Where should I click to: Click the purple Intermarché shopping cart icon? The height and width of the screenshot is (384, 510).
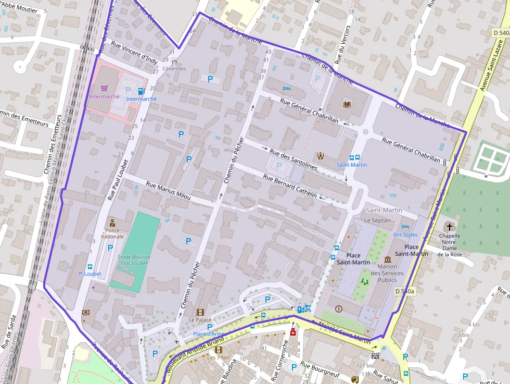click(x=104, y=89)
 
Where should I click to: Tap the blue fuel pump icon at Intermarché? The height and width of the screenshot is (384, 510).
click(x=141, y=91)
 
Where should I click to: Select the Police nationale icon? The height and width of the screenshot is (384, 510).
click(x=112, y=222)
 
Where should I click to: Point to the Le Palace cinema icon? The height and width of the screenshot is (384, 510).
click(x=200, y=312)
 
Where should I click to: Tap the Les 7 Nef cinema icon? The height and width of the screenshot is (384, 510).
click(x=219, y=350)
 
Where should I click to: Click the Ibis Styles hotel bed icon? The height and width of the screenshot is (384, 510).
click(x=405, y=227)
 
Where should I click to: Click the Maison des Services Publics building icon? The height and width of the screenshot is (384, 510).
click(x=387, y=259)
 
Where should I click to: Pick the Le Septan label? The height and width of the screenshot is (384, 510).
click(x=377, y=220)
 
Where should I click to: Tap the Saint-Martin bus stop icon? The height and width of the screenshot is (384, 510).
click(x=352, y=157)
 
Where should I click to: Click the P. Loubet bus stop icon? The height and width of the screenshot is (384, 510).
click(x=90, y=266)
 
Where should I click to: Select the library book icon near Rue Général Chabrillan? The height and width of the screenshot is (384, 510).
click(x=347, y=104)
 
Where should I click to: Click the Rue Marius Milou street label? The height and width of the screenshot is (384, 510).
click(x=168, y=191)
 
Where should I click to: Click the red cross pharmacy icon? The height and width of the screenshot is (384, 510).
click(x=293, y=332)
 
